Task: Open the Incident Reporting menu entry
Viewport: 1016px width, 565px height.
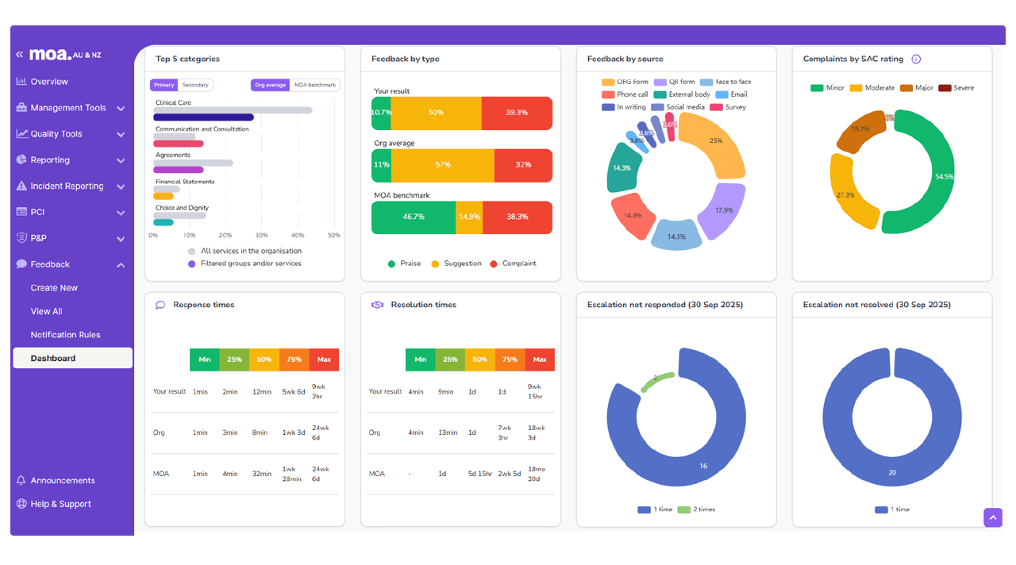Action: click(x=67, y=186)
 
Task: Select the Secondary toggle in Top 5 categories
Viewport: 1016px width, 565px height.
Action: click(x=195, y=85)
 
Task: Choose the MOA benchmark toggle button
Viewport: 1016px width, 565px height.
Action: click(x=314, y=85)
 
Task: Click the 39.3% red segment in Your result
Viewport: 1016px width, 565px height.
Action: click(x=517, y=113)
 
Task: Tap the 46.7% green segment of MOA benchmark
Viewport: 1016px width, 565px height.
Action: click(x=414, y=217)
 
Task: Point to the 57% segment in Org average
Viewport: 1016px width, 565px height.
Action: click(x=443, y=165)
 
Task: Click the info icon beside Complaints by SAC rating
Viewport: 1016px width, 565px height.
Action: click(x=916, y=59)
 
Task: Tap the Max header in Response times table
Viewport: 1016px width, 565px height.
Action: click(x=324, y=359)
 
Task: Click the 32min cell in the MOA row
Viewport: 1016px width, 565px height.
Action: click(x=261, y=474)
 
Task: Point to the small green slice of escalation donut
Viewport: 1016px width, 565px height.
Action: click(x=657, y=381)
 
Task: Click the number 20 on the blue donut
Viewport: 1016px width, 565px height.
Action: click(x=892, y=473)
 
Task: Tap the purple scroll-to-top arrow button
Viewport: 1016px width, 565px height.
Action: click(x=993, y=517)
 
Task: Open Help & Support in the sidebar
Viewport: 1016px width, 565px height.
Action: click(x=60, y=504)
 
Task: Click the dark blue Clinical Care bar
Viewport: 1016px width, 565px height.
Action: click(x=203, y=117)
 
